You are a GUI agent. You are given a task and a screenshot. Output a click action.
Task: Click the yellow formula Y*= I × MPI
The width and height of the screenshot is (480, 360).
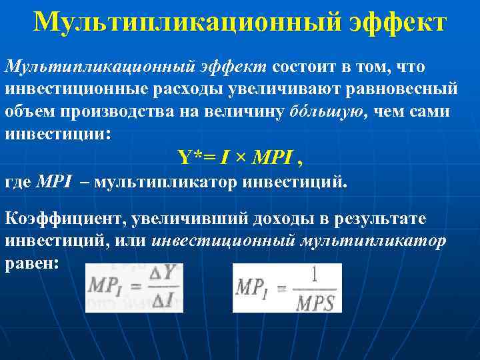click(239, 158)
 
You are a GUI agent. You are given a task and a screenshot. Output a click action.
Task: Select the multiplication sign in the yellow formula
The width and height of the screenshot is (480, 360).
click(239, 159)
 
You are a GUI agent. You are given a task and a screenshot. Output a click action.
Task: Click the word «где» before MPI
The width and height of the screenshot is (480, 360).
click(17, 181)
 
